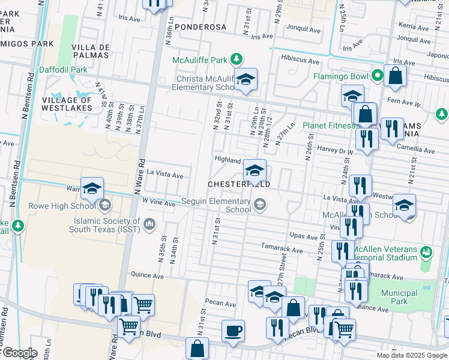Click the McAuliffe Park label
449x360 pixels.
click(x=200, y=59)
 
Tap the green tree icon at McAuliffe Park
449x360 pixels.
click(x=237, y=59)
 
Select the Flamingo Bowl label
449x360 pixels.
click(x=340, y=76)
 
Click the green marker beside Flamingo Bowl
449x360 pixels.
click(x=377, y=76)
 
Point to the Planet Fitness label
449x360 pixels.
click(x=328, y=125)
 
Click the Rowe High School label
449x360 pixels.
click(x=63, y=206)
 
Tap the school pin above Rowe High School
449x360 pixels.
click(x=92, y=188)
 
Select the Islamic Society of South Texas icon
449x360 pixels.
click(x=149, y=225)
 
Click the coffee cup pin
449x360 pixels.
click(x=233, y=331)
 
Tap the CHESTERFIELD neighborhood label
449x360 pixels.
click(x=238, y=184)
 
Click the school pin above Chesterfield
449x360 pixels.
click(x=255, y=170)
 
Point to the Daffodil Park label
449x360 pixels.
click(x=63, y=70)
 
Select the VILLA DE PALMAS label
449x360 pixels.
click(x=90, y=51)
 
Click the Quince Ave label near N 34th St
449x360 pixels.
click(x=147, y=275)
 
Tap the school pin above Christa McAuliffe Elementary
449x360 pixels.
click(x=245, y=80)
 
